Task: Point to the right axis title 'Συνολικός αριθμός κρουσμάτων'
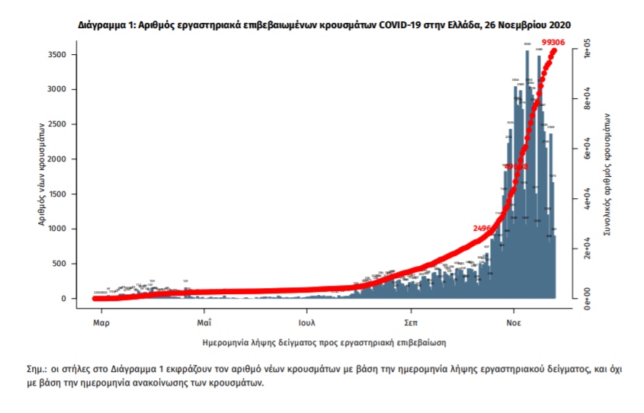point(607,175)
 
